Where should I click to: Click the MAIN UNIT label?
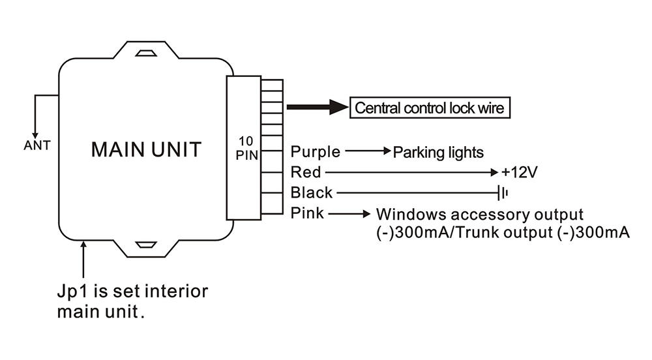coord(146,149)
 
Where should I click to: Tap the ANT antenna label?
coord(37,145)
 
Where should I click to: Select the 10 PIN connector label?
coord(246,148)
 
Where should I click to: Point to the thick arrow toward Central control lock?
coord(318,107)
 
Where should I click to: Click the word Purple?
coord(315,152)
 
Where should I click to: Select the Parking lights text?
coord(438,153)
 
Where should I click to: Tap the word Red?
coord(306,172)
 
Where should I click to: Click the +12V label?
coord(520,172)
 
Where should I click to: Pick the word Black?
coord(312,192)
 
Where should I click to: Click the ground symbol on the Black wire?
coord(503,193)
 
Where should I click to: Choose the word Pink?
coord(307,213)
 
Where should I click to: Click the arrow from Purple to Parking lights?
coord(368,151)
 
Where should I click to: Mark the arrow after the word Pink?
coord(349,214)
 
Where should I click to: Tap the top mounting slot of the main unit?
coord(146,53)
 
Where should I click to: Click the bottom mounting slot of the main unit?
coord(146,245)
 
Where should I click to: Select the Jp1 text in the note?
coord(72,292)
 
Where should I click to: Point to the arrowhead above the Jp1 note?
coord(83,244)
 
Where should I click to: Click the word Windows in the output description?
coord(411,215)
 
